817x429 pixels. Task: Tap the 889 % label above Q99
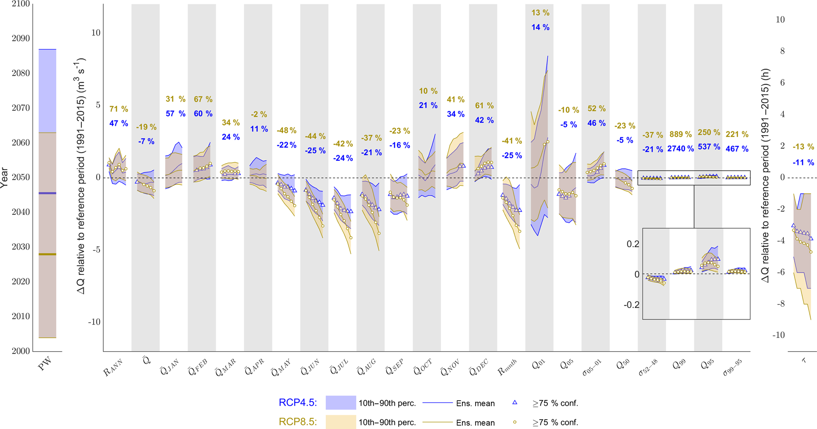[x=680, y=134]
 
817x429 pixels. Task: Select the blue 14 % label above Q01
[x=540, y=27]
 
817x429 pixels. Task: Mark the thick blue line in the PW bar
[x=47, y=193]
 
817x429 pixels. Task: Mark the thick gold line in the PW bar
[x=47, y=254]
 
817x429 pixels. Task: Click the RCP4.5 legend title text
[x=298, y=403]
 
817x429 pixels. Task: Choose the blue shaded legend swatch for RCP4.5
[x=340, y=403]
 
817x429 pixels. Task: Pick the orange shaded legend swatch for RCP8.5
[x=340, y=422]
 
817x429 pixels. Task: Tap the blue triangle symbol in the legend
[x=515, y=403]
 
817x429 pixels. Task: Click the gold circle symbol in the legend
[x=515, y=422]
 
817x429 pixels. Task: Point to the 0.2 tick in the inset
[x=632, y=244]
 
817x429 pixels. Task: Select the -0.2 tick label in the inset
[x=631, y=305]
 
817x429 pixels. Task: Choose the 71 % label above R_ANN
[x=119, y=109]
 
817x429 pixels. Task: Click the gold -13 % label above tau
[x=803, y=147]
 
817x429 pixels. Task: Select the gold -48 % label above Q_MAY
[x=287, y=130]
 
